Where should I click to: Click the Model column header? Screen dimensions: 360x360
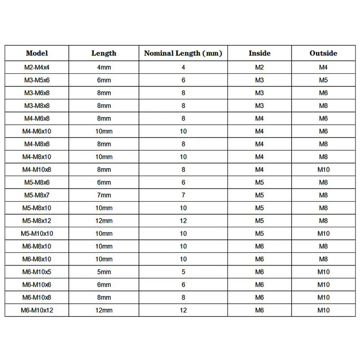coord(37,53)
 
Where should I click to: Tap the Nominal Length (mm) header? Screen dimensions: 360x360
coord(183,53)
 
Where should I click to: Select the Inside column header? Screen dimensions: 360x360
coord(260,53)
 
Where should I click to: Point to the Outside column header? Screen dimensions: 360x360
coord(323,53)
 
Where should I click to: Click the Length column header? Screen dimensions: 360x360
coord(104,53)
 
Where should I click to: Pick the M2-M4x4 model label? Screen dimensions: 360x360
coord(37,67)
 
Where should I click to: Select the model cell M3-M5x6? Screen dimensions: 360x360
coord(37,80)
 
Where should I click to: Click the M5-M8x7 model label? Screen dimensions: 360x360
coord(37,195)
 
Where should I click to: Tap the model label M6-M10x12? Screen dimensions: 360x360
coord(37,310)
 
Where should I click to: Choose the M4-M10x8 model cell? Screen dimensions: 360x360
coord(37,170)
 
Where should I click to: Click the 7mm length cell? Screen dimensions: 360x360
coord(104,195)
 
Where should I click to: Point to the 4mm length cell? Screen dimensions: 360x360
coord(104,67)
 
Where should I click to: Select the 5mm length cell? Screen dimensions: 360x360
coord(104,272)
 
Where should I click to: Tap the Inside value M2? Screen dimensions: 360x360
coord(260,67)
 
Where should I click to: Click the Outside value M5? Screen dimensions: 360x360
coord(323,80)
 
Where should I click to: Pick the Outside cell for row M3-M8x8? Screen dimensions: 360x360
coord(323,106)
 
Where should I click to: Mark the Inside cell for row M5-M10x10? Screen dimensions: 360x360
coord(260,234)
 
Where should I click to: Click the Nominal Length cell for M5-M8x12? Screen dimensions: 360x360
coord(183,221)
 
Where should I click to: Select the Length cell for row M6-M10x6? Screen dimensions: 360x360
coord(104,284)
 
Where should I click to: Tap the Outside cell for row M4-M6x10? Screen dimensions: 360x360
coord(323,131)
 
